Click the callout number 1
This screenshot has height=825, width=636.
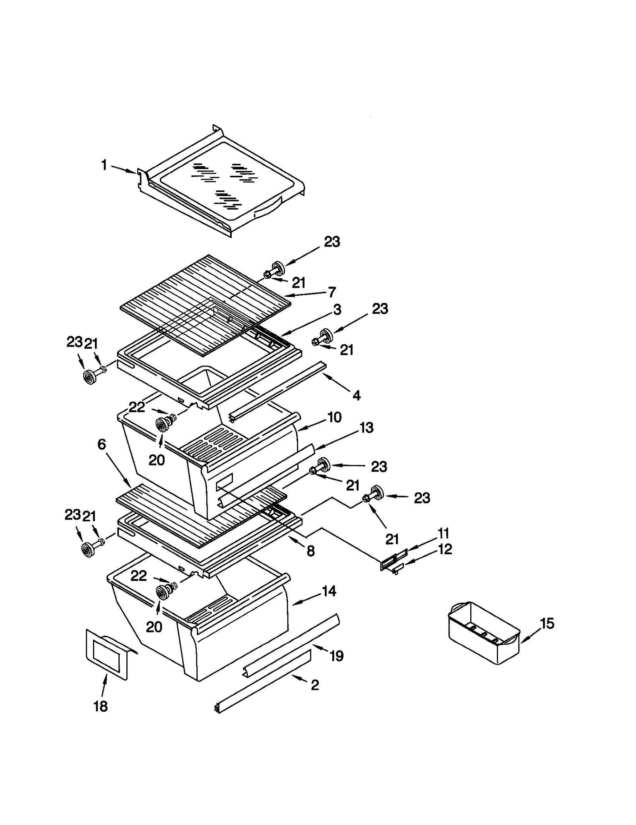[104, 165]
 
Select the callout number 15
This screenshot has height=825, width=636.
[547, 623]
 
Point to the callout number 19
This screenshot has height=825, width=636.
[337, 656]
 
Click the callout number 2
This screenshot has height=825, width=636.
[315, 685]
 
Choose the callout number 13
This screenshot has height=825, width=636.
[366, 428]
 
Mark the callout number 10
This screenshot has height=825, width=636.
[334, 417]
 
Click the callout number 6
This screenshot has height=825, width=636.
[102, 444]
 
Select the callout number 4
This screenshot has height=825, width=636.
[357, 395]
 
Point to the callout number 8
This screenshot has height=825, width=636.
[310, 551]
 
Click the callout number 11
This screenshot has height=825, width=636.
[443, 533]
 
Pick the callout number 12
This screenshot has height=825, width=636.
[446, 549]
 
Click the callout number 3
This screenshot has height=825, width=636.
[337, 310]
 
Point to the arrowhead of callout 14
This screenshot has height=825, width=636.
[293, 605]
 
